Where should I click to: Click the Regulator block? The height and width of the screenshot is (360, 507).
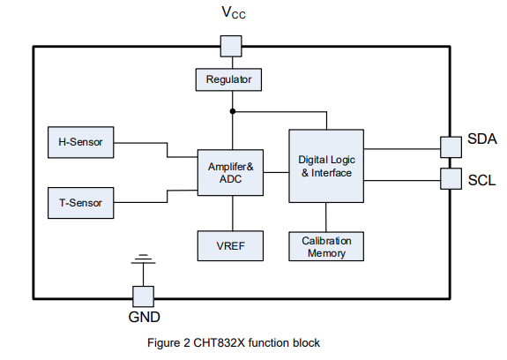click(229, 79)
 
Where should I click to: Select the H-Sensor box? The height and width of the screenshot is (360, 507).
click(79, 141)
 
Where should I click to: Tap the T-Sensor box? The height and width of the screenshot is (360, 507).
click(79, 203)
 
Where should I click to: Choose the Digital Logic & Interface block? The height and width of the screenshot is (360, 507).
click(326, 166)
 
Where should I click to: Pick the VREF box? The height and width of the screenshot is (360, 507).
click(230, 244)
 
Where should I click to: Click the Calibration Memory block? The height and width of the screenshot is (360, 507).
click(326, 245)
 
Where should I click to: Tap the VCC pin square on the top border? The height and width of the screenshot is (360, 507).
click(229, 46)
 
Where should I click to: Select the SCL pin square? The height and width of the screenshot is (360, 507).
click(451, 179)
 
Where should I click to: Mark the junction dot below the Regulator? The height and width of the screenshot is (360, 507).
click(233, 112)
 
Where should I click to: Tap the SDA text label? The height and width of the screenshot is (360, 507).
click(481, 139)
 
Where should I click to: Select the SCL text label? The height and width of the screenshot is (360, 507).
click(481, 180)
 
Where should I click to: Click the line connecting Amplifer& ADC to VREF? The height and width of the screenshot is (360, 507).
click(233, 213)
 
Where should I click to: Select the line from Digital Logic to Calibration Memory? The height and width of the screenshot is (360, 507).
click(326, 216)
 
